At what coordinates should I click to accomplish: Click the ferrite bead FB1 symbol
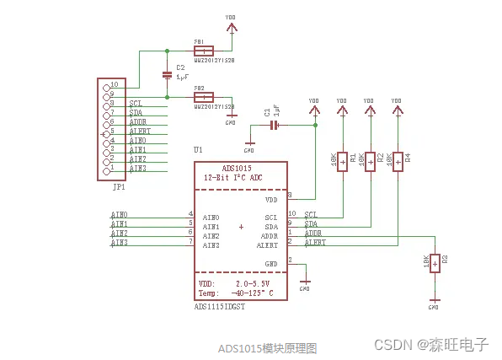[214, 50]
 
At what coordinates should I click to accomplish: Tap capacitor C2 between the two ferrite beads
[168, 75]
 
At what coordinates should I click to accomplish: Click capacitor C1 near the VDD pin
[274, 126]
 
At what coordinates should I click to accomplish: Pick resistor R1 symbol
[342, 160]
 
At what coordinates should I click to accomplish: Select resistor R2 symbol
[369, 160]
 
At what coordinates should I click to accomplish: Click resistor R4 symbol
[396, 160]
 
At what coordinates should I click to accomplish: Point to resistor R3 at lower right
[434, 263]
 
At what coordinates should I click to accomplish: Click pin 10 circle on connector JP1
[105, 85]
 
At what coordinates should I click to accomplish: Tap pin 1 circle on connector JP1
[105, 169]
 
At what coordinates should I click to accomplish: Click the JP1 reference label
[119, 186]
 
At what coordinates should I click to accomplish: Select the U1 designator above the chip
[198, 149]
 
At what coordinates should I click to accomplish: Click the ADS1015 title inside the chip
[219, 168]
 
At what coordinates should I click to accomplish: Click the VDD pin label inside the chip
[270, 200]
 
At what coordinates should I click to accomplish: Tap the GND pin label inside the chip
[270, 264]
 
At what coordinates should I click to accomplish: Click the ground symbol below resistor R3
[434, 299]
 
